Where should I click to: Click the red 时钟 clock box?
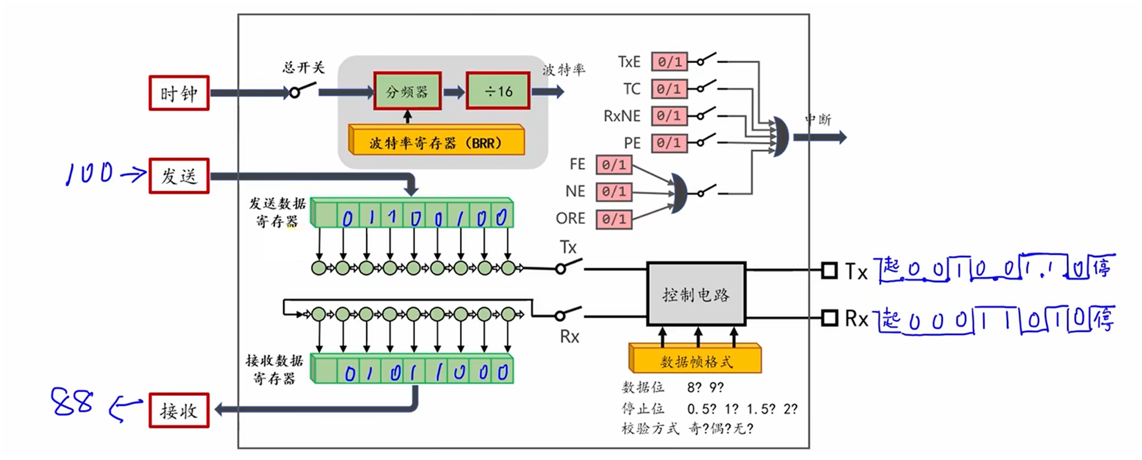(179, 93)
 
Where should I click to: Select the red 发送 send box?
(179, 176)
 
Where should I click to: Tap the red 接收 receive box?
(179, 411)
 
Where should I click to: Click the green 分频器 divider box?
(407, 91)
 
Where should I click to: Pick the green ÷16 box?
(498, 91)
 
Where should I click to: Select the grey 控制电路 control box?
(696, 295)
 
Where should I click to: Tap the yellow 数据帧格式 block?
(695, 361)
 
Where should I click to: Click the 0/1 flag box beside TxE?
(669, 61)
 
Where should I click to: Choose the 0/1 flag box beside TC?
(669, 89)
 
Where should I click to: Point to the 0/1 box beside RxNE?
(669, 115)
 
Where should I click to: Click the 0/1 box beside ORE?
(614, 219)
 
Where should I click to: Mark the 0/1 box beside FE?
(614, 164)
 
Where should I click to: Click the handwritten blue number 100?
(89, 173)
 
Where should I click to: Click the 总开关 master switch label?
(303, 67)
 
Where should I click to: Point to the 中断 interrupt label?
(818, 119)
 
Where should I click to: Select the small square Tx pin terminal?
(829, 271)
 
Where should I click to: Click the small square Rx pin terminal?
(829, 318)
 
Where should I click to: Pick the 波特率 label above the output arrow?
(563, 70)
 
